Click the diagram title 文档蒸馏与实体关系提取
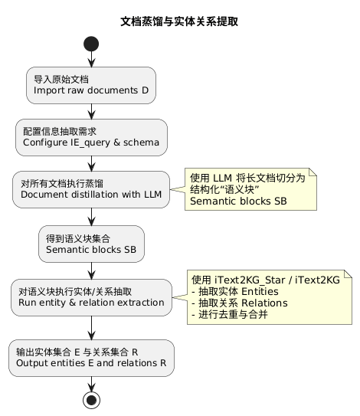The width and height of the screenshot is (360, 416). (179, 21)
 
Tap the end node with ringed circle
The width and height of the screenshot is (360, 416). (91, 399)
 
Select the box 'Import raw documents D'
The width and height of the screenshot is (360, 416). (91, 85)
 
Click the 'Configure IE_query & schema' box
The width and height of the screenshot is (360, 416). (91, 137)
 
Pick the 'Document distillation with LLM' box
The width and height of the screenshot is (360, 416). (91, 188)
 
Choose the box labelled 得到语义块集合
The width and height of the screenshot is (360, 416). (91, 243)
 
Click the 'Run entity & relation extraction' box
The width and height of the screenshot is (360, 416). (91, 296)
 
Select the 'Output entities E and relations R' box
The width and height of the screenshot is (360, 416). (91, 358)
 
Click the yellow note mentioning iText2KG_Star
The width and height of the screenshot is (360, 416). (269, 297)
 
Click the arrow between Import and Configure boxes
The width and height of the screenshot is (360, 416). (91, 111)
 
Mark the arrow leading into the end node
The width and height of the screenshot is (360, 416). (91, 383)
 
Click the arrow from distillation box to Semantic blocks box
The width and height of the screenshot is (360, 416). (91, 216)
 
